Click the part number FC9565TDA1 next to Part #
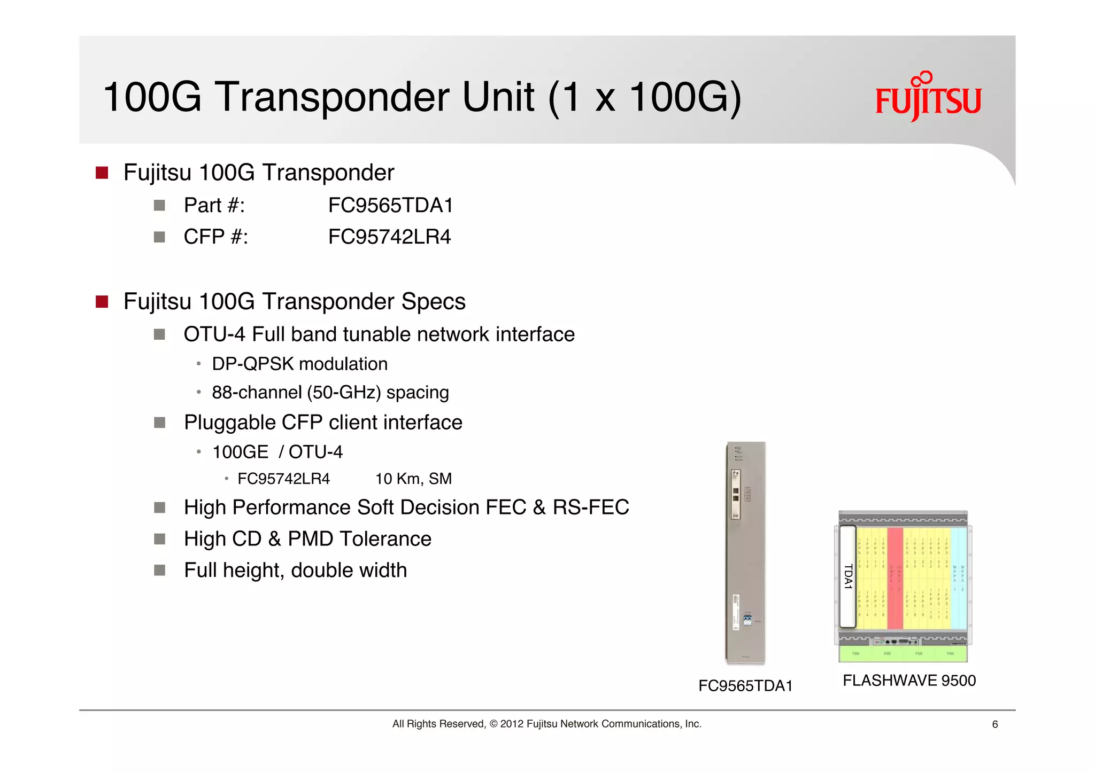click(390, 205)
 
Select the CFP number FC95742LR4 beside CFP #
click(389, 237)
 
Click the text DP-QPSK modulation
click(299, 364)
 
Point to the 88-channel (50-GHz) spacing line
click(330, 393)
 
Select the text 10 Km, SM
click(413, 479)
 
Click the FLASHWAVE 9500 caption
click(909, 681)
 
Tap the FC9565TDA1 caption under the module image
click(745, 686)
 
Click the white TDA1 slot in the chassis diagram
click(847, 577)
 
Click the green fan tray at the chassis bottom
click(903, 654)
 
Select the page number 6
click(994, 724)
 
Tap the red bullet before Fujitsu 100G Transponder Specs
click(102, 302)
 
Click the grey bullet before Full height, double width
click(159, 570)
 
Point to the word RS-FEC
click(590, 507)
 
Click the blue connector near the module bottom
click(747, 620)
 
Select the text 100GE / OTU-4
click(277, 452)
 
